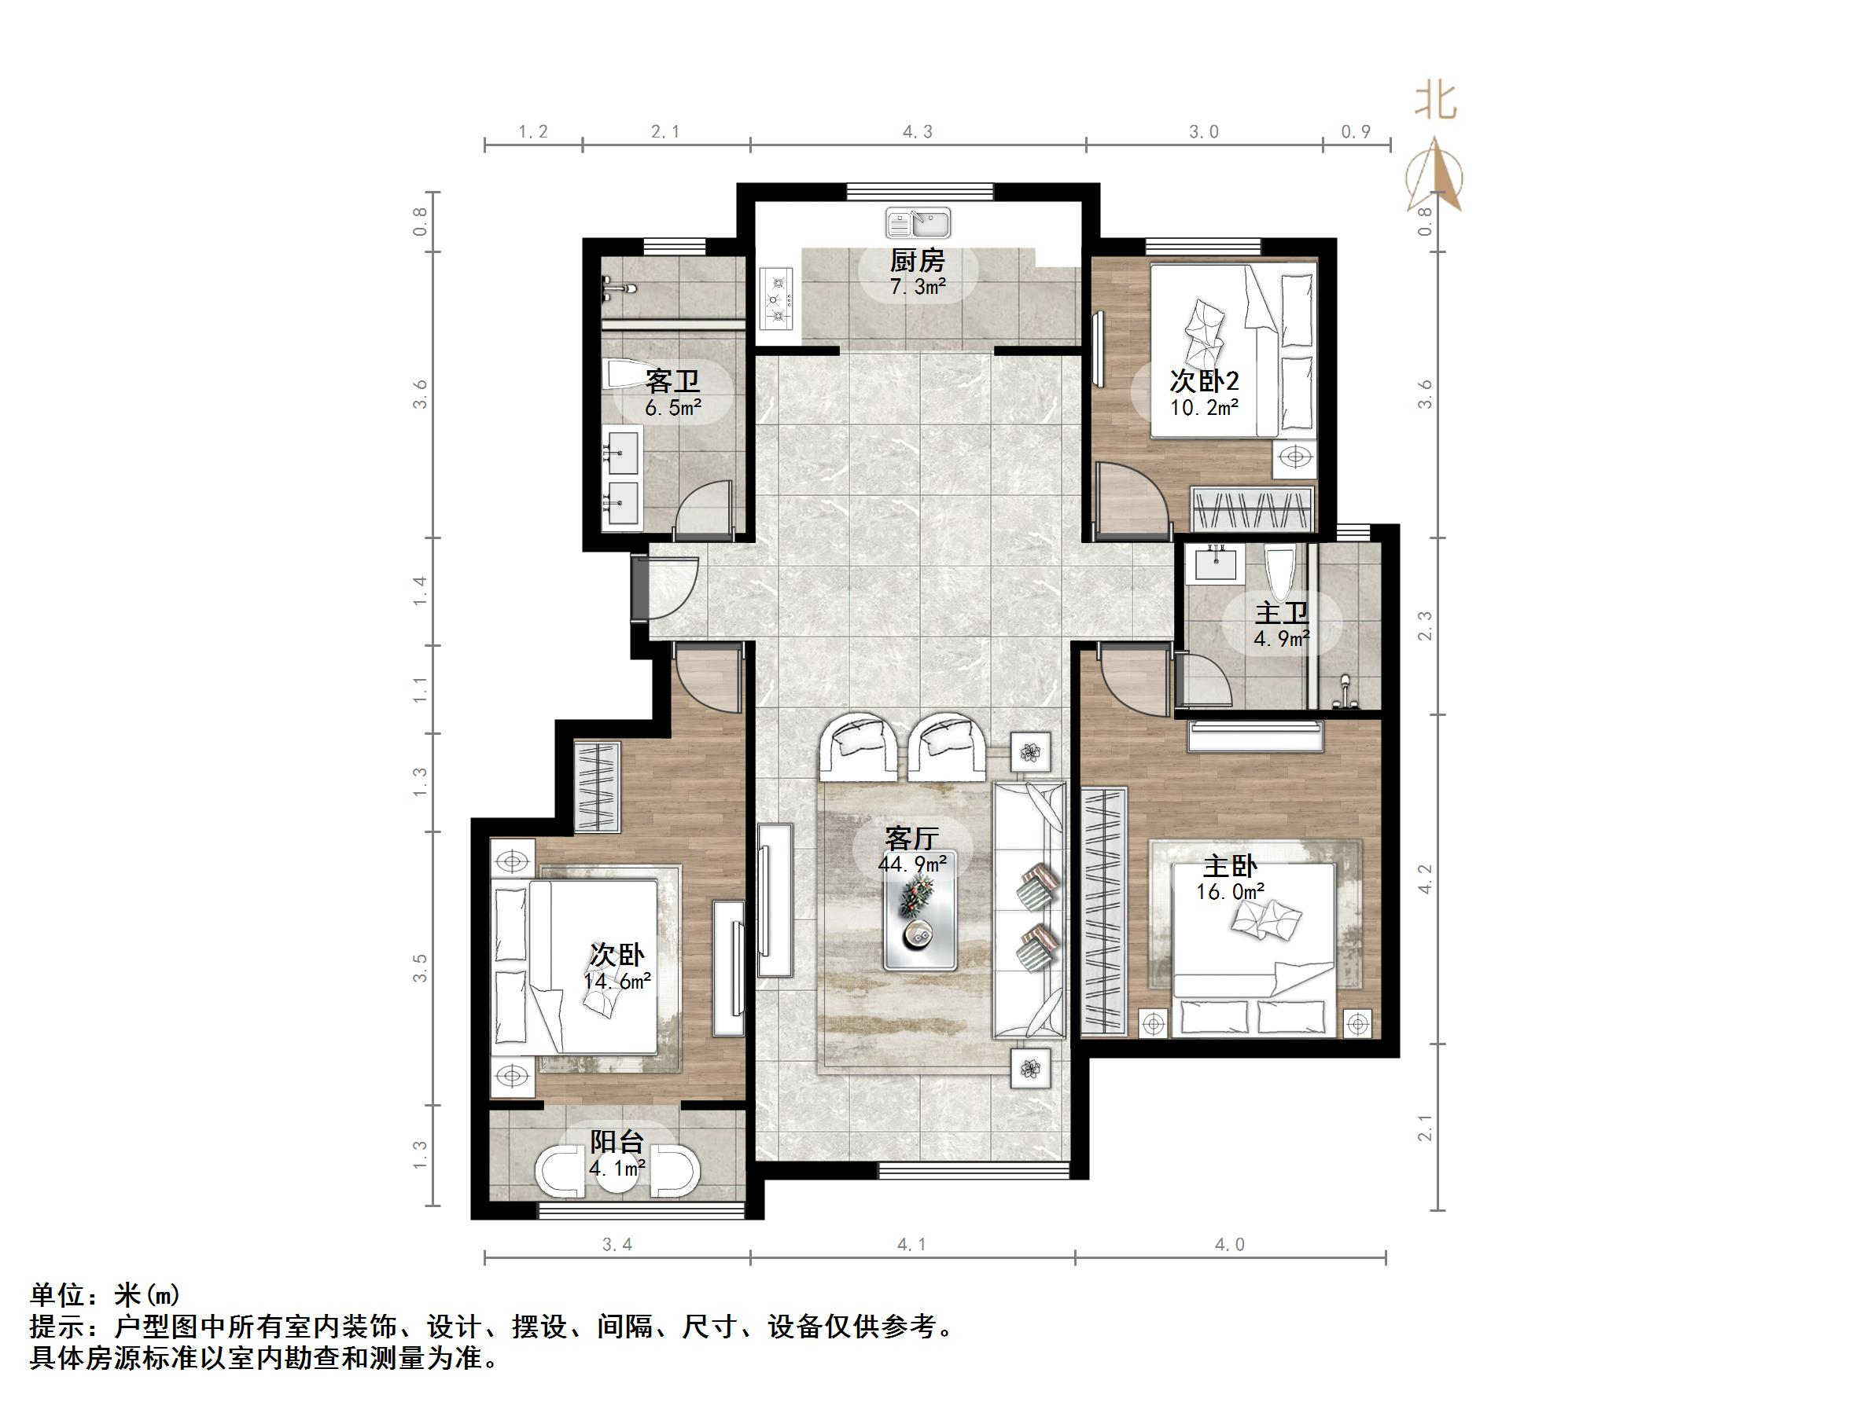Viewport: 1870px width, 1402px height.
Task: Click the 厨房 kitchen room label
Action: [917, 261]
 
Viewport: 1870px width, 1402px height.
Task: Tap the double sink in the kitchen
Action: [918, 224]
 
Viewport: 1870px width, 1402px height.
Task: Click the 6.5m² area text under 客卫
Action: [673, 409]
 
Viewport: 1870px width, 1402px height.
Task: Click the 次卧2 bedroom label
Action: [1204, 381]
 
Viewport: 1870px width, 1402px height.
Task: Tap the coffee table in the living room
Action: [921, 921]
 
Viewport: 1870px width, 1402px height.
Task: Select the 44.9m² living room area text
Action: [912, 864]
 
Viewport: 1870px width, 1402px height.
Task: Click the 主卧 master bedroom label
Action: [1230, 866]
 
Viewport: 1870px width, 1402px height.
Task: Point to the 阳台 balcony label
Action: [617, 1143]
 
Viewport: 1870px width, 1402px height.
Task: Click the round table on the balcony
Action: [618, 1176]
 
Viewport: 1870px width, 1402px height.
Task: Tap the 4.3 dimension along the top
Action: [917, 132]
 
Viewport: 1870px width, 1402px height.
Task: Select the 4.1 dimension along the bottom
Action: [912, 1245]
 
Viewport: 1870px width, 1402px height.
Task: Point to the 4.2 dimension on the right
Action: [1426, 879]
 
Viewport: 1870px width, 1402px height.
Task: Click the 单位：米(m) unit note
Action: [105, 1294]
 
